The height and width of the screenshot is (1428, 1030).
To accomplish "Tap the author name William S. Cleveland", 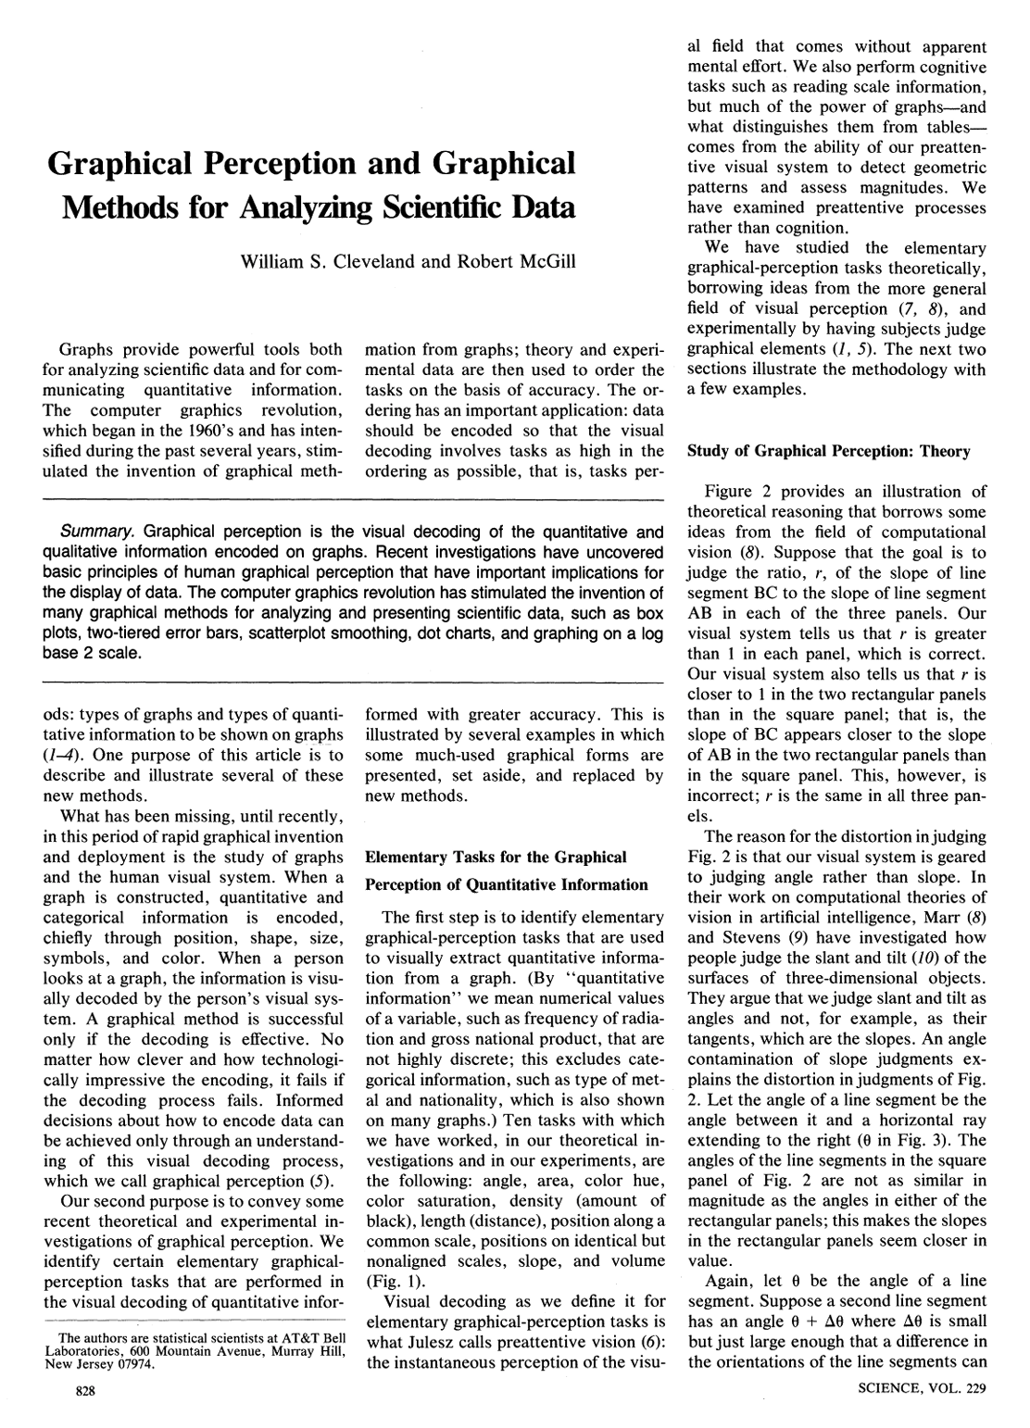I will point(328,262).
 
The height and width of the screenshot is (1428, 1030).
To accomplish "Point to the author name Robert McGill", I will point(516,262).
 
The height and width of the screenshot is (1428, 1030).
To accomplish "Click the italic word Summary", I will point(98,532).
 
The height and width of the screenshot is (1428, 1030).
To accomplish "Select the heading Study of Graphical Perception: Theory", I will point(828,452).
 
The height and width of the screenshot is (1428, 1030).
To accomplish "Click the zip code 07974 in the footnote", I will point(136,1365).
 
